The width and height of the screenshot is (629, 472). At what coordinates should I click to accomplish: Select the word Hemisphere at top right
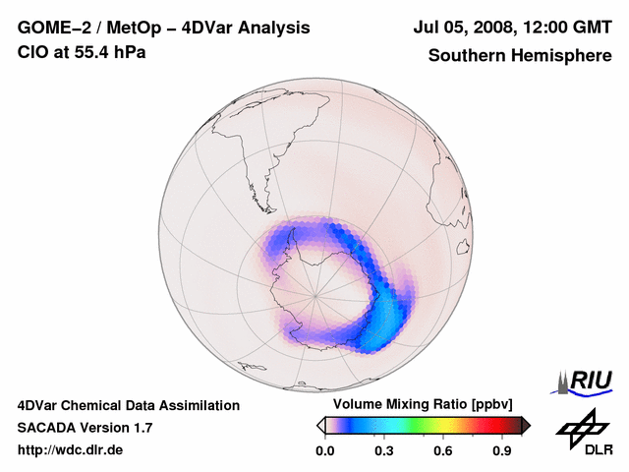tap(562, 56)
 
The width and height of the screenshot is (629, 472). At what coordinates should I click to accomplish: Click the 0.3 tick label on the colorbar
tap(383, 451)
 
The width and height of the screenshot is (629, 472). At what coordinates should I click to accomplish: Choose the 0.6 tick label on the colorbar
tap(443, 451)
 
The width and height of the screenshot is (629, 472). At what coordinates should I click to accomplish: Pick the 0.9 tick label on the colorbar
tap(503, 451)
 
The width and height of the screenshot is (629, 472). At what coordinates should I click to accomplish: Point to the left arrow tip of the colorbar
tap(320, 425)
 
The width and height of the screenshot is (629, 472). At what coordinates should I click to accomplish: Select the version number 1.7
tap(141, 428)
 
